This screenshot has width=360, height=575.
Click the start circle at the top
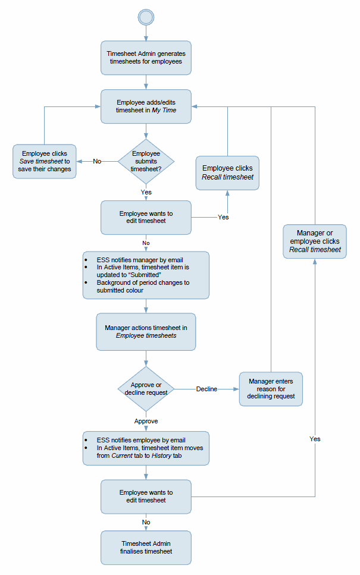[146, 17]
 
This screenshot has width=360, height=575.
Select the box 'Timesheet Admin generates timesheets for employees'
[146, 58]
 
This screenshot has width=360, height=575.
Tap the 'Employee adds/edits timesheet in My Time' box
[146, 106]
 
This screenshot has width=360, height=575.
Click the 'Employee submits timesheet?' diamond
[146, 161]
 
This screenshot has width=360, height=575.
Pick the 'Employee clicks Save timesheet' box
[45, 161]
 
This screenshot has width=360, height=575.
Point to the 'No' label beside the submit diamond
[97, 161]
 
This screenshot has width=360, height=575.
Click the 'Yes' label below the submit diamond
[146, 192]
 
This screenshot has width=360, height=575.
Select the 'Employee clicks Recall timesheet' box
[227, 172]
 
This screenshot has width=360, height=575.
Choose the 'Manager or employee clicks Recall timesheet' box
[315, 241]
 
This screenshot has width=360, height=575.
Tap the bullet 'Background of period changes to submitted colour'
[143, 287]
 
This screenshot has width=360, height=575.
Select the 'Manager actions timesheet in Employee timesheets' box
[146, 332]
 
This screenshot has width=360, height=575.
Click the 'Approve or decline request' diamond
[146, 389]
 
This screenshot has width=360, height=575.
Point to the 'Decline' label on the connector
[206, 389]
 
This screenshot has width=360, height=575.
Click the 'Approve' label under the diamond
[146, 421]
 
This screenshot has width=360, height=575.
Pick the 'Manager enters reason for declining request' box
[271, 389]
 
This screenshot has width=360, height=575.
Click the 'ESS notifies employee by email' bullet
[140, 441]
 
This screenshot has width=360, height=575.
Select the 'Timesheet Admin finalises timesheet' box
[146, 548]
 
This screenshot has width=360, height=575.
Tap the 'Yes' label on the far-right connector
[315, 439]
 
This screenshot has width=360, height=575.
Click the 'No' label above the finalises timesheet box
[146, 522]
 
